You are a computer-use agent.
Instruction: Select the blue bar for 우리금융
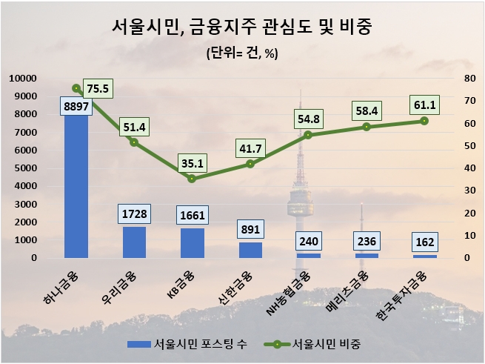(x=134, y=242)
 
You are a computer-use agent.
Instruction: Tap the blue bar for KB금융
(x=192, y=243)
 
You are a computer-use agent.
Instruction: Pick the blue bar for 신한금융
(x=250, y=251)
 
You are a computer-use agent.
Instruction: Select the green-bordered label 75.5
(x=98, y=88)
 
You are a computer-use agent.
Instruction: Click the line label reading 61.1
(x=424, y=104)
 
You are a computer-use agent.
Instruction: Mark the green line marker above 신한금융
(x=250, y=164)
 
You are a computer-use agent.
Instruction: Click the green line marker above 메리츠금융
(x=367, y=127)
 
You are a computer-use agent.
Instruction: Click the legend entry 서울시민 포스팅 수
(x=189, y=345)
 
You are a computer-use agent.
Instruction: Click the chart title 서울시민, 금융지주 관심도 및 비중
(x=242, y=28)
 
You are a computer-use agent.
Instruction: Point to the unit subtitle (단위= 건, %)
(x=242, y=54)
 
